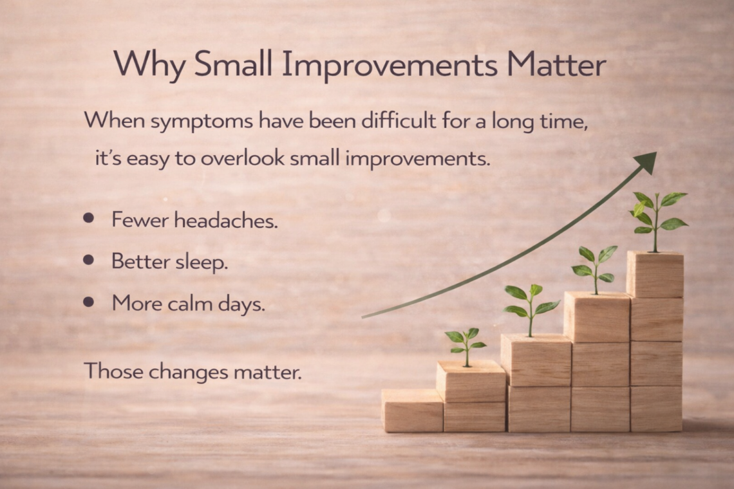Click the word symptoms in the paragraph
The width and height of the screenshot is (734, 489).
[x=202, y=122]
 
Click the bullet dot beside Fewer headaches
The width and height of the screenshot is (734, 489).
[x=88, y=217]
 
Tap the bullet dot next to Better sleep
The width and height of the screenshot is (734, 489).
[x=88, y=260]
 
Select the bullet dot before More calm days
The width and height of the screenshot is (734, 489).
[x=88, y=302]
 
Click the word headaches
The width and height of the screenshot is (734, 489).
[x=226, y=220]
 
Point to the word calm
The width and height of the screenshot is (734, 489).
[x=189, y=304]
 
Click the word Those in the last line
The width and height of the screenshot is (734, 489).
[x=114, y=371]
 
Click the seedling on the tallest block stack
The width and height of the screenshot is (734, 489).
[x=657, y=221]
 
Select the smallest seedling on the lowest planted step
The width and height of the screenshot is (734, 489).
[x=466, y=347]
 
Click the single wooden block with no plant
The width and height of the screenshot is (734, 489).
[x=412, y=411]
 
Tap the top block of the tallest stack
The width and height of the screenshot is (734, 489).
[x=655, y=274]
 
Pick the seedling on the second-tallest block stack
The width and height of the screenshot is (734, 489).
[x=594, y=270]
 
